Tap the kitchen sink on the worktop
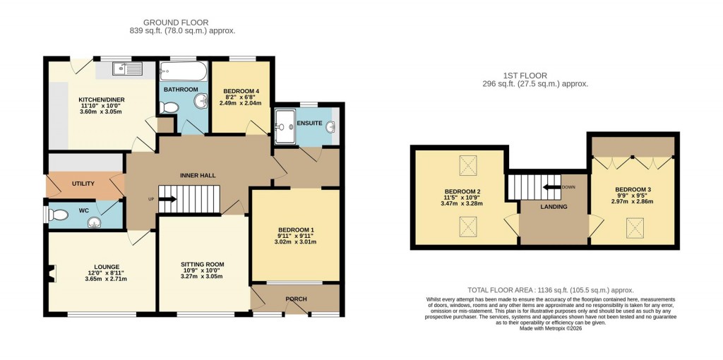(x=127, y=68)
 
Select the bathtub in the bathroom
(x=183, y=71)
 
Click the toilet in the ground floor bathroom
(x=169, y=107)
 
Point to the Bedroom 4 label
(x=241, y=91)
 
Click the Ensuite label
(x=310, y=124)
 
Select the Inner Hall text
(x=198, y=175)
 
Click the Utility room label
(x=83, y=184)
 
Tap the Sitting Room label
(x=203, y=264)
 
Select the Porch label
(x=296, y=299)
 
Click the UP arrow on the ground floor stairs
(x=168, y=199)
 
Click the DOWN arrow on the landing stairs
(x=568, y=187)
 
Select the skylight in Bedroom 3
(x=632, y=227)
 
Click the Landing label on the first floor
(x=554, y=207)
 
